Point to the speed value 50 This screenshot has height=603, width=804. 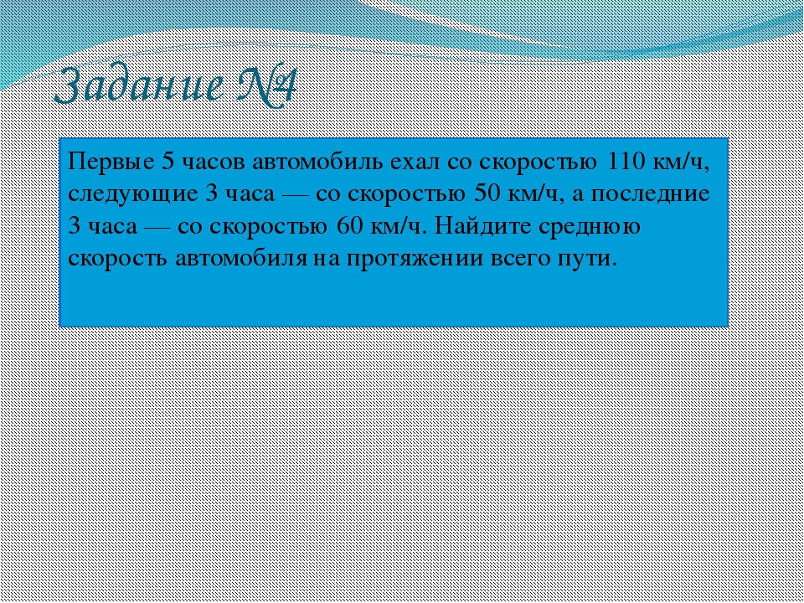487,193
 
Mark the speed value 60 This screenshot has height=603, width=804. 351,225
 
